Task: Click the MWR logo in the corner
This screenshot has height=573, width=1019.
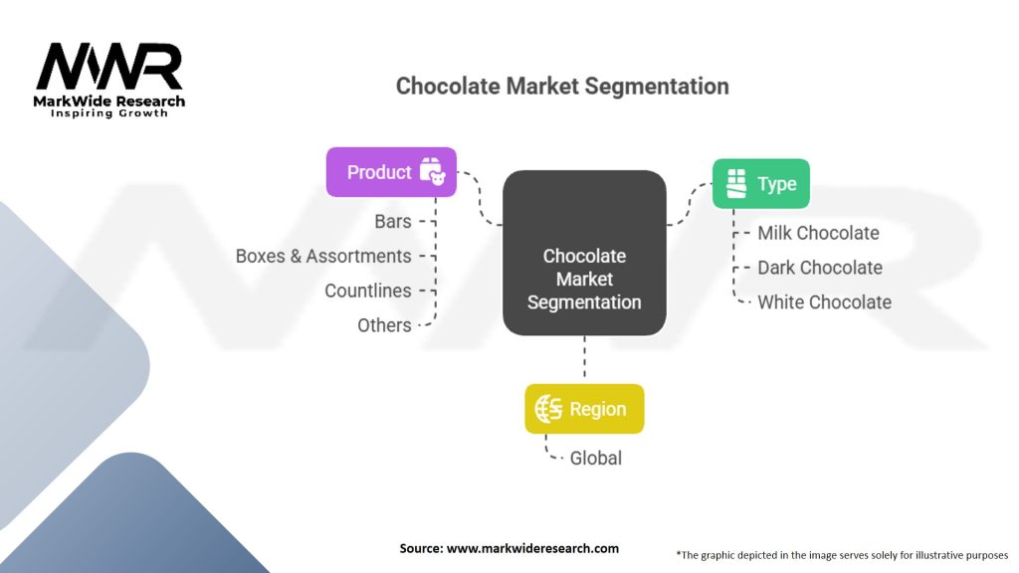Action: (x=109, y=68)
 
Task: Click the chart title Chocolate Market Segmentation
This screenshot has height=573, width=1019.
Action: (x=562, y=86)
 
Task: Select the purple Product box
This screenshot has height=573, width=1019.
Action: (x=391, y=172)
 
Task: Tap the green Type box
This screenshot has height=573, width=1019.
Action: (x=760, y=184)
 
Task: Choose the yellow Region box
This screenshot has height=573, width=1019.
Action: (x=584, y=409)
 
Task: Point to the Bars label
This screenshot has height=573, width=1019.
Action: (x=393, y=222)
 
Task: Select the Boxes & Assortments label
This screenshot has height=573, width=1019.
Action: (x=323, y=256)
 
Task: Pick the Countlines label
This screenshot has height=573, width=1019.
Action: (x=367, y=290)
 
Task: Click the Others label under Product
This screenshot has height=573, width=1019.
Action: (x=384, y=325)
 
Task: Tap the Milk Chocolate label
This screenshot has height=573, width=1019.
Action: (x=818, y=233)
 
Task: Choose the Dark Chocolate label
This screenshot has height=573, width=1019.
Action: (x=820, y=268)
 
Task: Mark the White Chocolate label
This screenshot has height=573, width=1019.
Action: (x=824, y=301)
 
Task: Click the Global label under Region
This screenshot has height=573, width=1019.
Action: (x=595, y=458)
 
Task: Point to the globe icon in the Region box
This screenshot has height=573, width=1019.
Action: (x=548, y=409)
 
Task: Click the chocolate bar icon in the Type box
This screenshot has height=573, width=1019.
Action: (x=736, y=184)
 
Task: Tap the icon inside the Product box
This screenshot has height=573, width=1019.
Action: (x=432, y=172)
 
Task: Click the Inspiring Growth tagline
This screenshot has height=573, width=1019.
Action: (x=109, y=113)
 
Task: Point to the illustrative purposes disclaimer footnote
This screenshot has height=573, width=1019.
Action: (x=842, y=555)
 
